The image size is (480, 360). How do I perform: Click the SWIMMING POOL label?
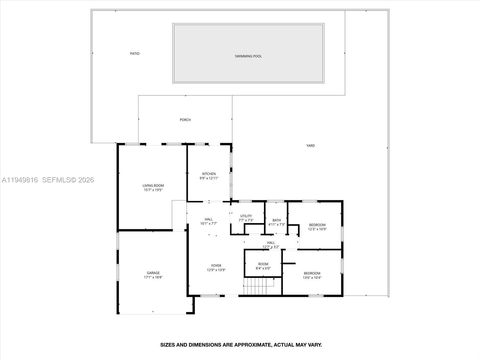pos(248,56)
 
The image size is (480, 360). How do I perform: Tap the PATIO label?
pos(135,53)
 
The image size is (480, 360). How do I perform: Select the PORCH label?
pos(185,120)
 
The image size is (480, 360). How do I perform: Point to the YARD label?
pos(310,145)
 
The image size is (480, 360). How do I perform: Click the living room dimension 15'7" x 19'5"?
pos(153,190)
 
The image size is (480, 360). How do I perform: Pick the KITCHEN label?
pos(209,174)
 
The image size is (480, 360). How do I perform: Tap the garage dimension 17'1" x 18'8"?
pos(153,277)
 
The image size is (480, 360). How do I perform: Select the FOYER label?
pos(216,265)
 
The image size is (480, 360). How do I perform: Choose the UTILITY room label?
pos(246,216)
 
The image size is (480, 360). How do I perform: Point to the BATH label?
pos(277,220)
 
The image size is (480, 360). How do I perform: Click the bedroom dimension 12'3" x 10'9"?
pos(317,229)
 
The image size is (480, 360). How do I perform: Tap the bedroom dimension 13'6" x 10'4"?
pos(312,277)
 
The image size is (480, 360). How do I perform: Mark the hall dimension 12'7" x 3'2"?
pos(271,247)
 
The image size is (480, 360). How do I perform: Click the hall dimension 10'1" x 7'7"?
pos(208,223)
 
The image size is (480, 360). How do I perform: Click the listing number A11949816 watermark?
pos(20,180)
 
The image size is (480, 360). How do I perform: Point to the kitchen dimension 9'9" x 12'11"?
pos(209,178)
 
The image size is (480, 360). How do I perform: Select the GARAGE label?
pos(153,273)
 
